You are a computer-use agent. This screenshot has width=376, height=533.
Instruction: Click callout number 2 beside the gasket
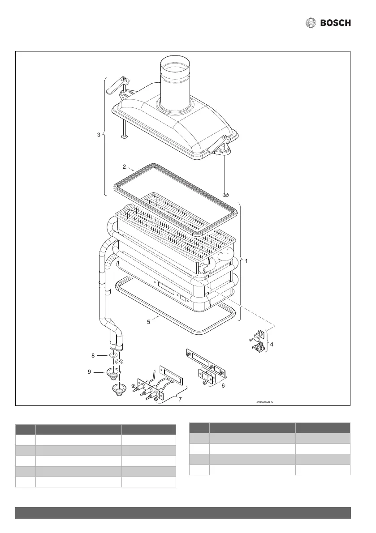124,166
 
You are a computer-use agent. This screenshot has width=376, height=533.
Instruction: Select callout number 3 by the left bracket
99,135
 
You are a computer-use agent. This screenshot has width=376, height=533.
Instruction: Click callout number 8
93,356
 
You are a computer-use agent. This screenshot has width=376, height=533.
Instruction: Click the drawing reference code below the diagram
264,402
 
